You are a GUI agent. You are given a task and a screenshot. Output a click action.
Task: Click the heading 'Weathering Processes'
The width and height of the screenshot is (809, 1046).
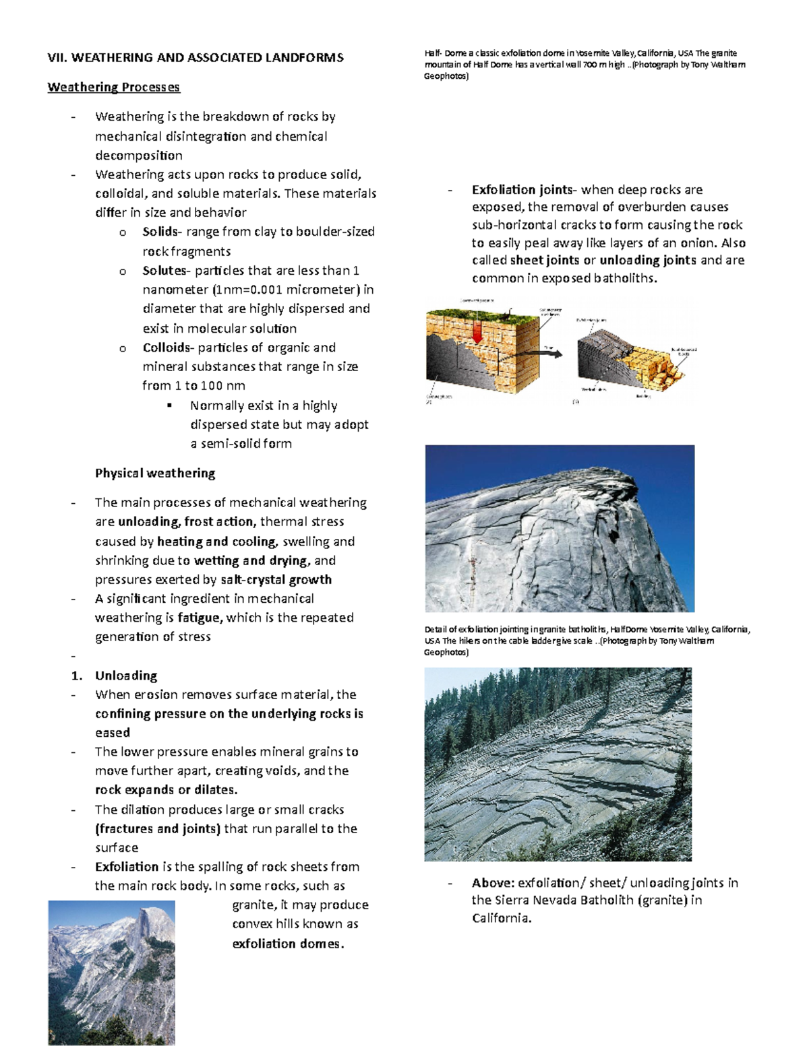(x=113, y=87)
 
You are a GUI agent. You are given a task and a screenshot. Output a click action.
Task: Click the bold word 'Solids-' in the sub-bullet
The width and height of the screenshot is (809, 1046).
(x=160, y=232)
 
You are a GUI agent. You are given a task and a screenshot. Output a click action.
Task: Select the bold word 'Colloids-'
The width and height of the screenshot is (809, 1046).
(x=167, y=348)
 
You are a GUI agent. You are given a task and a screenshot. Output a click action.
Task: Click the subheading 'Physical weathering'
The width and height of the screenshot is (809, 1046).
(x=155, y=473)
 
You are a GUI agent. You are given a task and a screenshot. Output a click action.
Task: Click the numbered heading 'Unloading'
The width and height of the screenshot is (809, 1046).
(x=126, y=676)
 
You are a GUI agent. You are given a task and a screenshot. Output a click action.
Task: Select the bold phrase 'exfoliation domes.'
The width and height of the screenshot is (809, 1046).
(x=288, y=944)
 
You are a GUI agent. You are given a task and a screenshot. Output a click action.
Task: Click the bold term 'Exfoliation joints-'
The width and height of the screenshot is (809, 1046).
(x=525, y=190)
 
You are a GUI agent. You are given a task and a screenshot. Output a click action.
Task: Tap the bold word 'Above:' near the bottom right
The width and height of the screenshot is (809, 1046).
(x=493, y=882)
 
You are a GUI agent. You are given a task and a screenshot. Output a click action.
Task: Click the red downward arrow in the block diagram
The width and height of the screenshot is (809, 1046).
(x=477, y=330)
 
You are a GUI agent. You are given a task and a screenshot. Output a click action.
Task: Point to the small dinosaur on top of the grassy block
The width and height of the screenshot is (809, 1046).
(x=510, y=311)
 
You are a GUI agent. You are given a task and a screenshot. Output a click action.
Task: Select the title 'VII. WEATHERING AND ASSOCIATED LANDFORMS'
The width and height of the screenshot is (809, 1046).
(x=196, y=58)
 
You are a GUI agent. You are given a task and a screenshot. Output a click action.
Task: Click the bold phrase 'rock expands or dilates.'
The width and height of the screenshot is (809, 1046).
(x=167, y=789)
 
